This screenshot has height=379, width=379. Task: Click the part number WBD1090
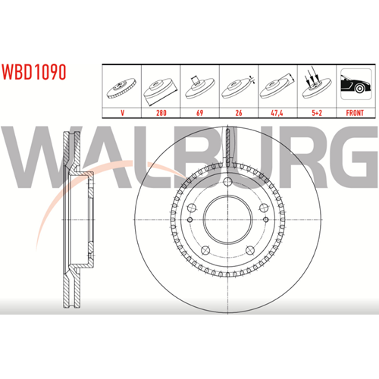tap(34, 72)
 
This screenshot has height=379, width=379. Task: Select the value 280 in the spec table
tap(161, 113)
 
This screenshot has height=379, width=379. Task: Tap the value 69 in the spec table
tap(200, 113)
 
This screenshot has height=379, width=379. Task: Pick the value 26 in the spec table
tap(239, 113)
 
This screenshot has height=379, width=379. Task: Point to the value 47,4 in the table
tap(277, 113)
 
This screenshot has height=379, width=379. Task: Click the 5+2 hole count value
tap(317, 113)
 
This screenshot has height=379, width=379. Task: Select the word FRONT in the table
tap(355, 113)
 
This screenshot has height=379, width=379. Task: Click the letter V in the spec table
tap(123, 113)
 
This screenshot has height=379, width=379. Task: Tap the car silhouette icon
tap(356, 84)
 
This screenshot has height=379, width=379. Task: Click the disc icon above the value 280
tap(160, 90)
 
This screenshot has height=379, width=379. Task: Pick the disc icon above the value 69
tap(199, 87)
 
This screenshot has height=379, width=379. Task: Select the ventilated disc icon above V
tap(121, 88)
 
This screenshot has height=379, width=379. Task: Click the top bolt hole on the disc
tap(227, 181)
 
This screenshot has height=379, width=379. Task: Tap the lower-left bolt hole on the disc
tap(205, 250)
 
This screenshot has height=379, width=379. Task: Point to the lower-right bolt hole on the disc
tap(250, 250)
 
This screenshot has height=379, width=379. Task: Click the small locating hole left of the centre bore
tap(190, 220)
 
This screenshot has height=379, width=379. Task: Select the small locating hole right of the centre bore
tap(265, 220)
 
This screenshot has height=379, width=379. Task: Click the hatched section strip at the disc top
tap(227, 146)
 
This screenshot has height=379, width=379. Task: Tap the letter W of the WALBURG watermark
tap(30, 157)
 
